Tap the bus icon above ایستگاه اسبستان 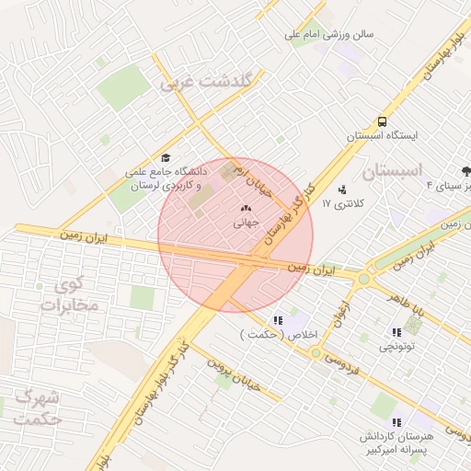[x=382, y=121]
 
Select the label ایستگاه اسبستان [x=382, y=136]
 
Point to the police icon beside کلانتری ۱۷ [x=344, y=190]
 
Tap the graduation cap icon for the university [x=166, y=157]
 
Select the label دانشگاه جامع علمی [x=167, y=172]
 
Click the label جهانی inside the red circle [x=247, y=222]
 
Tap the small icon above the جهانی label [x=246, y=208]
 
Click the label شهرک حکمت [x=39, y=408]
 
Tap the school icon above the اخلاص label [x=279, y=321]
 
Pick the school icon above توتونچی [x=396, y=333]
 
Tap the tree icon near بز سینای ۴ [x=466, y=171]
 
